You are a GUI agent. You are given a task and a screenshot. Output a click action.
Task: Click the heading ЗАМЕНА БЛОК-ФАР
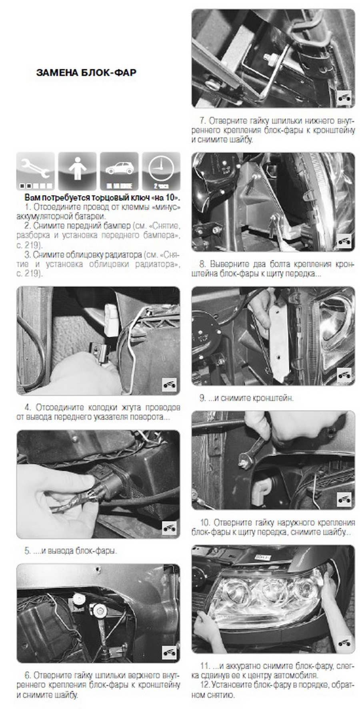pyautogui.click(x=86, y=73)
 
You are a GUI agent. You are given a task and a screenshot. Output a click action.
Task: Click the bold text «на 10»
pyautogui.click(x=166, y=198)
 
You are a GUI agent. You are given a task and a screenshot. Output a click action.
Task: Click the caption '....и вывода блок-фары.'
pyautogui.click(x=70, y=551)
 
